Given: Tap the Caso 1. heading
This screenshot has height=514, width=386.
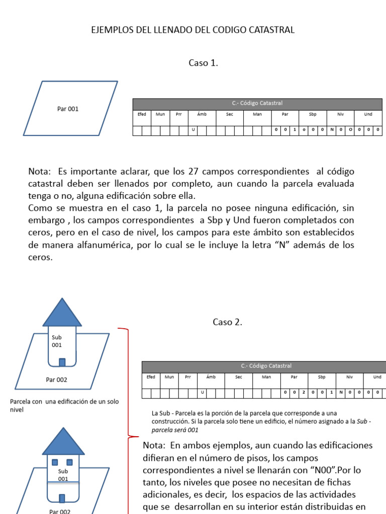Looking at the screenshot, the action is click(203, 63).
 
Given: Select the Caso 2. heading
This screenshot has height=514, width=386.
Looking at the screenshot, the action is click(227, 322).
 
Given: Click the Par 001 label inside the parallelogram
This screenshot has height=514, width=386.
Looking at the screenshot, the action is click(68, 109).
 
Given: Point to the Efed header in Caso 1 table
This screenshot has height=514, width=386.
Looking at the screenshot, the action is click(142, 114).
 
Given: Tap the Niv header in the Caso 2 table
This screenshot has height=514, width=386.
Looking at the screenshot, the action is click(349, 377).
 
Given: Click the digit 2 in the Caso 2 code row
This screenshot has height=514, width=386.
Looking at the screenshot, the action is click(304, 392).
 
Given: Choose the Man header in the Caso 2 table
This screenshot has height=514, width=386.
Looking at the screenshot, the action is click(266, 377).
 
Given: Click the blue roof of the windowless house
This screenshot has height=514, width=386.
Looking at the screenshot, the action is click(62, 313).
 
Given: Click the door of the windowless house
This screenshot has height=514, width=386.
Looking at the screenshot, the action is click(62, 362).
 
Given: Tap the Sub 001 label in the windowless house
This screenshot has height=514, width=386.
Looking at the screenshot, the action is click(56, 341).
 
